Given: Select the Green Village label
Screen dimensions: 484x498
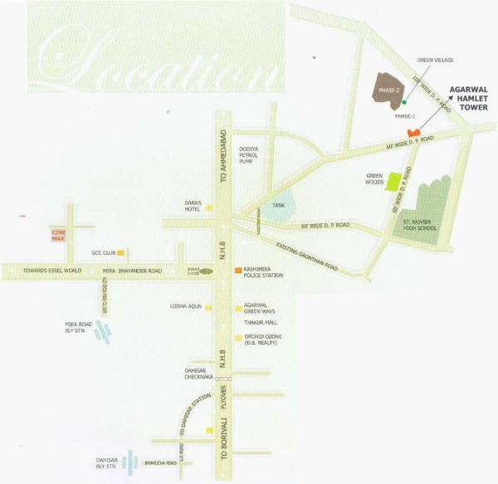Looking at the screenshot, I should tap(435, 60).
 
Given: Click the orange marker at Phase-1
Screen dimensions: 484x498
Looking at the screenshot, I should tap(413, 133).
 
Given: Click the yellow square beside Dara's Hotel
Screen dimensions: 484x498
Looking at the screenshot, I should tap(210, 208).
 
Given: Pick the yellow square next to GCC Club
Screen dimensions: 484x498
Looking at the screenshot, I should tap(122, 252).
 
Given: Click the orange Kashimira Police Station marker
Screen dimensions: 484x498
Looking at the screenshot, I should tap(237, 271).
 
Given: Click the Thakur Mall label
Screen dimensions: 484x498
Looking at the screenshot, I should tap(260, 322).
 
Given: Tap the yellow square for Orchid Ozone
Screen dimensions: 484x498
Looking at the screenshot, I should tap(238, 338).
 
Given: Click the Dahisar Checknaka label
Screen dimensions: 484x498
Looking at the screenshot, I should tap(194, 374).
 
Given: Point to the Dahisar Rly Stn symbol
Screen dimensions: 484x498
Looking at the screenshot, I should tap(129, 462).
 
